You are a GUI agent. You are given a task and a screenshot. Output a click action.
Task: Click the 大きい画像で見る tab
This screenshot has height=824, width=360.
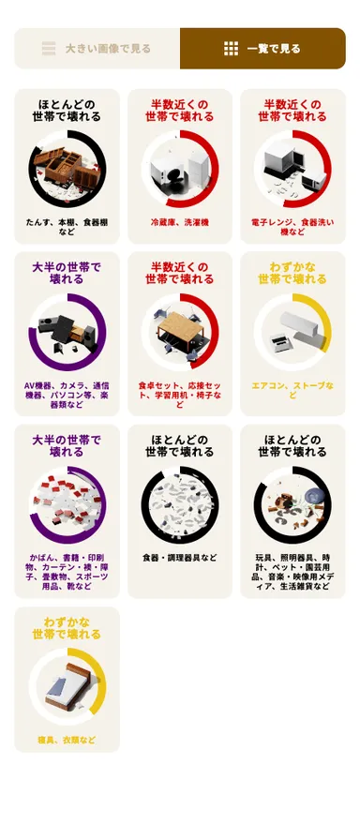pos(97,49)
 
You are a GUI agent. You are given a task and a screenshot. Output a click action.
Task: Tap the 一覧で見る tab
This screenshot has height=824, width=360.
pos(262,49)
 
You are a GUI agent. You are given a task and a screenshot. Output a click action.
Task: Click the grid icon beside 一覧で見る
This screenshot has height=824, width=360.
pos(231,49)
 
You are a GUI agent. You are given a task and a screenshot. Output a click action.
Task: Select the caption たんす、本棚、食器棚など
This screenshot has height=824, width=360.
pos(67,227)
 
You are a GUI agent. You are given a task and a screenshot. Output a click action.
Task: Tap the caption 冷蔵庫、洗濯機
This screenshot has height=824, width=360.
pos(180,222)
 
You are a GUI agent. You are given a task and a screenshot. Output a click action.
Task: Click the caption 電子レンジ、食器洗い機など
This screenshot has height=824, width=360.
pos(292,227)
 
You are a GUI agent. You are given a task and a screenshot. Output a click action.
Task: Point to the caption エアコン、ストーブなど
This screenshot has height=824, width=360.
pos(292,389)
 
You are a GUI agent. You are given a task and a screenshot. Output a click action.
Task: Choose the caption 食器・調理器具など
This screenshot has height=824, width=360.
pos(180,558)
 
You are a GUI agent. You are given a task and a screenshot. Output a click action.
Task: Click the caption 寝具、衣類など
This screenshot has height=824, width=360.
pos(67,740)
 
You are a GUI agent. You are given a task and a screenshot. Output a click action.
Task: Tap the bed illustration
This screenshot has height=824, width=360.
pos(67,688)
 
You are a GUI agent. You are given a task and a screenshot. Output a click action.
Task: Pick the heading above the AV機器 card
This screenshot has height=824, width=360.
pos(67,273)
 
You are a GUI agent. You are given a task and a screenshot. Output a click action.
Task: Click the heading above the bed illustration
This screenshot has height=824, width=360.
pos(67,628)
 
